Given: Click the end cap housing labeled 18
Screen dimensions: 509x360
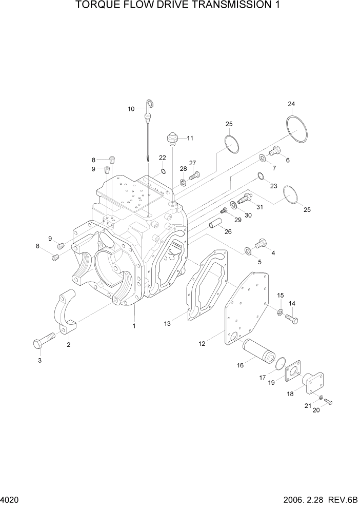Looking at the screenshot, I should point(313,384).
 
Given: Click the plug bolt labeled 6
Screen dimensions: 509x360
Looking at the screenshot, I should point(276,150).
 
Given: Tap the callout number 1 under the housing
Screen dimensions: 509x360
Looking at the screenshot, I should point(134,325).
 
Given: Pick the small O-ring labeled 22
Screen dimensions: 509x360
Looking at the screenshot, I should point(163,171).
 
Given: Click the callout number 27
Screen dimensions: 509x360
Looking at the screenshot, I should point(193,163).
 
